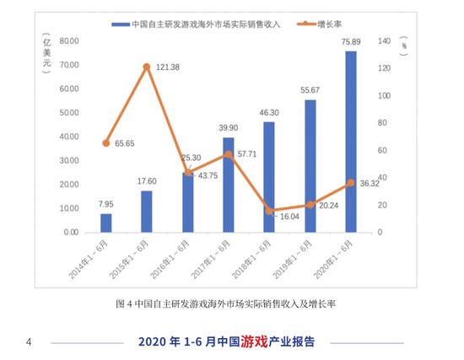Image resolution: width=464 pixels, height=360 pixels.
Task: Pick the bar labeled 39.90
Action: click(x=228, y=185)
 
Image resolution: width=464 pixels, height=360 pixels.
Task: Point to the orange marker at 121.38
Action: click(x=147, y=67)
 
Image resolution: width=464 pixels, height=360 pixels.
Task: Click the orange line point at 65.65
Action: click(x=106, y=142)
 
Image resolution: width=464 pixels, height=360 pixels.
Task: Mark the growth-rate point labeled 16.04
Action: click(x=268, y=211)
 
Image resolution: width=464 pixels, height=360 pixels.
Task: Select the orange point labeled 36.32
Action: click(x=350, y=183)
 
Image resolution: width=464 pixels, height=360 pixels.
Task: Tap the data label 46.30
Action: click(x=268, y=113)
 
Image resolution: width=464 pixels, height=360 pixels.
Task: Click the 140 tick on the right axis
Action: click(x=383, y=41)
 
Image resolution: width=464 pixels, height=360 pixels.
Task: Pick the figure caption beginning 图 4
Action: click(x=230, y=303)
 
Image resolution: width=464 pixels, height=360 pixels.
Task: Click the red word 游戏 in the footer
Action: click(x=254, y=341)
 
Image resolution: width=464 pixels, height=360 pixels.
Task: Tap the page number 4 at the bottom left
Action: click(x=29, y=342)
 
